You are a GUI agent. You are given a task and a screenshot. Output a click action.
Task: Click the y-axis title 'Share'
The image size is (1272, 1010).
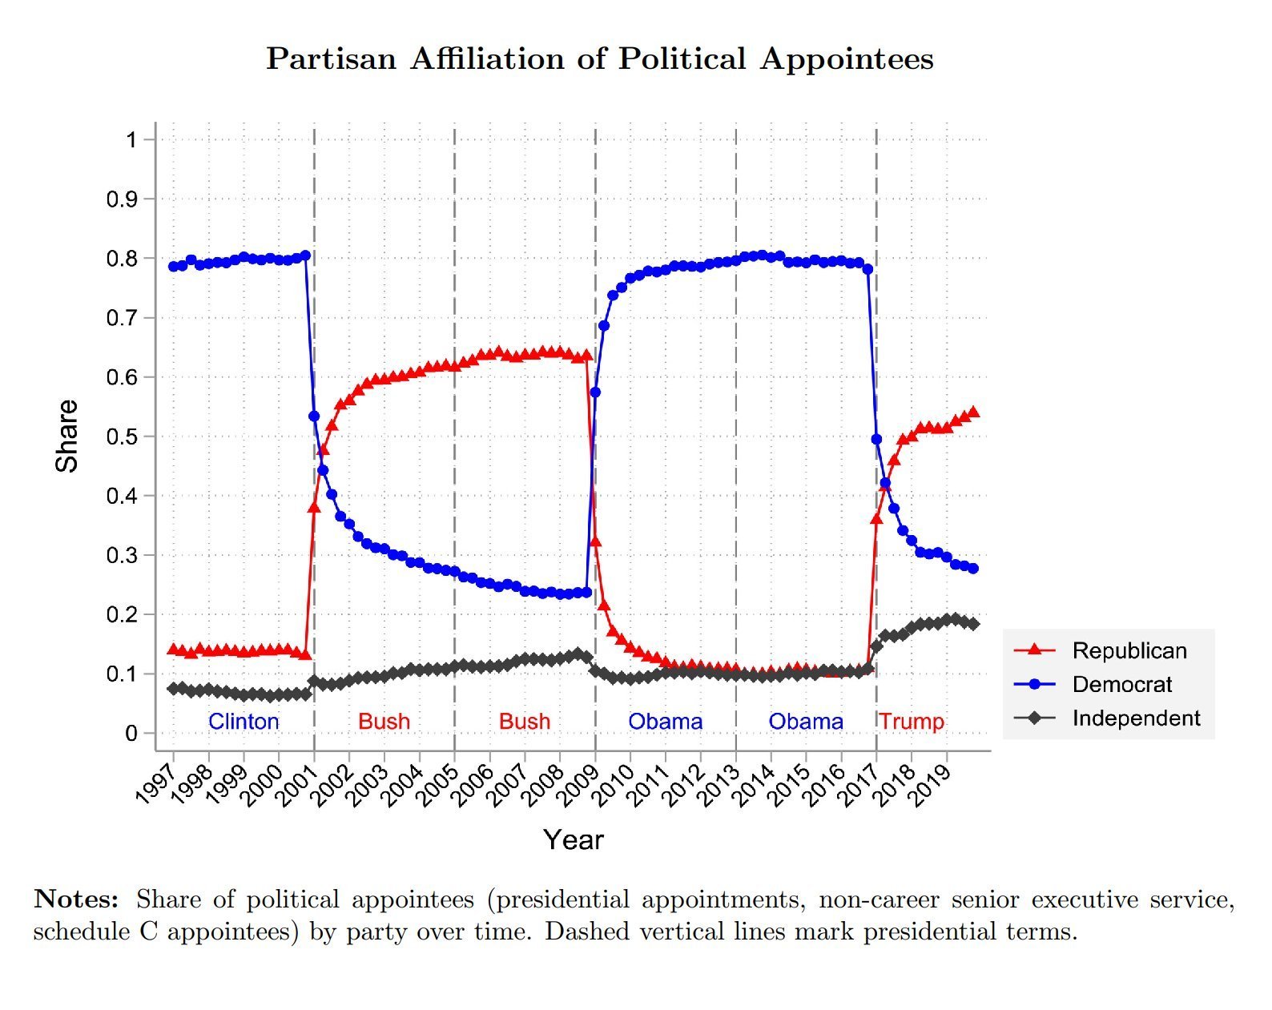click(x=67, y=436)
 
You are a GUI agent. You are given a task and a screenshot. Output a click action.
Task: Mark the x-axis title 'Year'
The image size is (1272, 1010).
click(x=573, y=839)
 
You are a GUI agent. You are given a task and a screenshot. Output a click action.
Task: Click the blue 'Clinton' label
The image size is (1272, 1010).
click(x=244, y=722)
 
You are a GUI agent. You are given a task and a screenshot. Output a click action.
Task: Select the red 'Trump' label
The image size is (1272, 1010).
click(x=912, y=722)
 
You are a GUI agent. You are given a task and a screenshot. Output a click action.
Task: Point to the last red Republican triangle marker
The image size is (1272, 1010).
click(x=974, y=412)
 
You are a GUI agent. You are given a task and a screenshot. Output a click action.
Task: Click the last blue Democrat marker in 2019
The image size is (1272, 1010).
click(x=974, y=569)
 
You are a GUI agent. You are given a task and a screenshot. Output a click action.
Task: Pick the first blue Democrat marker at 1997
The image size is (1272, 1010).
click(x=173, y=266)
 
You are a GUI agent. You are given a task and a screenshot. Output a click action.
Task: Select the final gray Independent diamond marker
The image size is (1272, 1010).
click(x=974, y=624)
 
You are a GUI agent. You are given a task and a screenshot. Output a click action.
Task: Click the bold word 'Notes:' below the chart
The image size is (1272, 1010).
click(x=76, y=899)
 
